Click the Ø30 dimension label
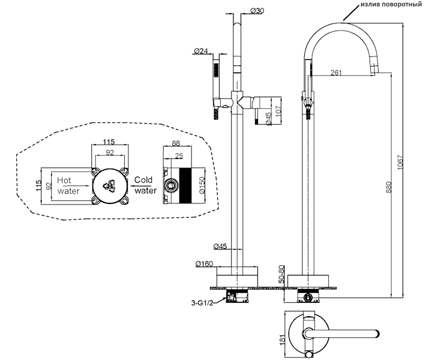[x=257, y=11]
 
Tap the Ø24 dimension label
[x=201, y=51]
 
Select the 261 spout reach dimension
[x=336, y=73]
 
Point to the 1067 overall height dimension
[x=400, y=162]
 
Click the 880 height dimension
[x=389, y=187]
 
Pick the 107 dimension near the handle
[x=278, y=112]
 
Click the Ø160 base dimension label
[x=204, y=263]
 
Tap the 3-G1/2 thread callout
[x=202, y=302]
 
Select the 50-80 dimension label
[x=281, y=274]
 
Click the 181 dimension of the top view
[x=283, y=340]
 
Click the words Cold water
[x=145, y=185]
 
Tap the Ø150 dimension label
[x=202, y=185]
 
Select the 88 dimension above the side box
[x=176, y=143]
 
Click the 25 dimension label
[x=179, y=155]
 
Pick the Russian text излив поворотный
[x=391, y=4]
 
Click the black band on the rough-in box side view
[x=185, y=186]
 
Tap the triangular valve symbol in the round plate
[x=109, y=186]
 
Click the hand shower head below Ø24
[x=216, y=70]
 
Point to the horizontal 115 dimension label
[x=109, y=142]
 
